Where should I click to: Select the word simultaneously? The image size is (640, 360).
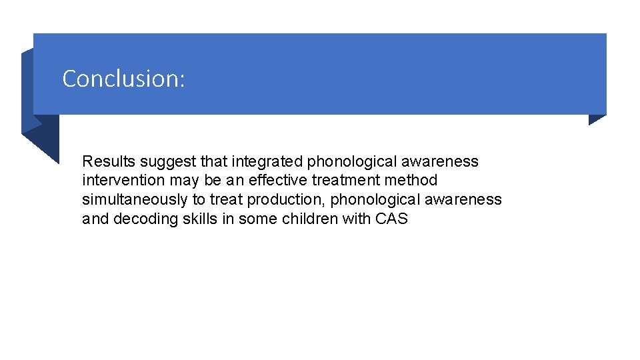click(x=135, y=199)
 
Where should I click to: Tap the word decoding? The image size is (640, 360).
click(x=142, y=219)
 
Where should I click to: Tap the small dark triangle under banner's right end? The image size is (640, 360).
click(x=596, y=119)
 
